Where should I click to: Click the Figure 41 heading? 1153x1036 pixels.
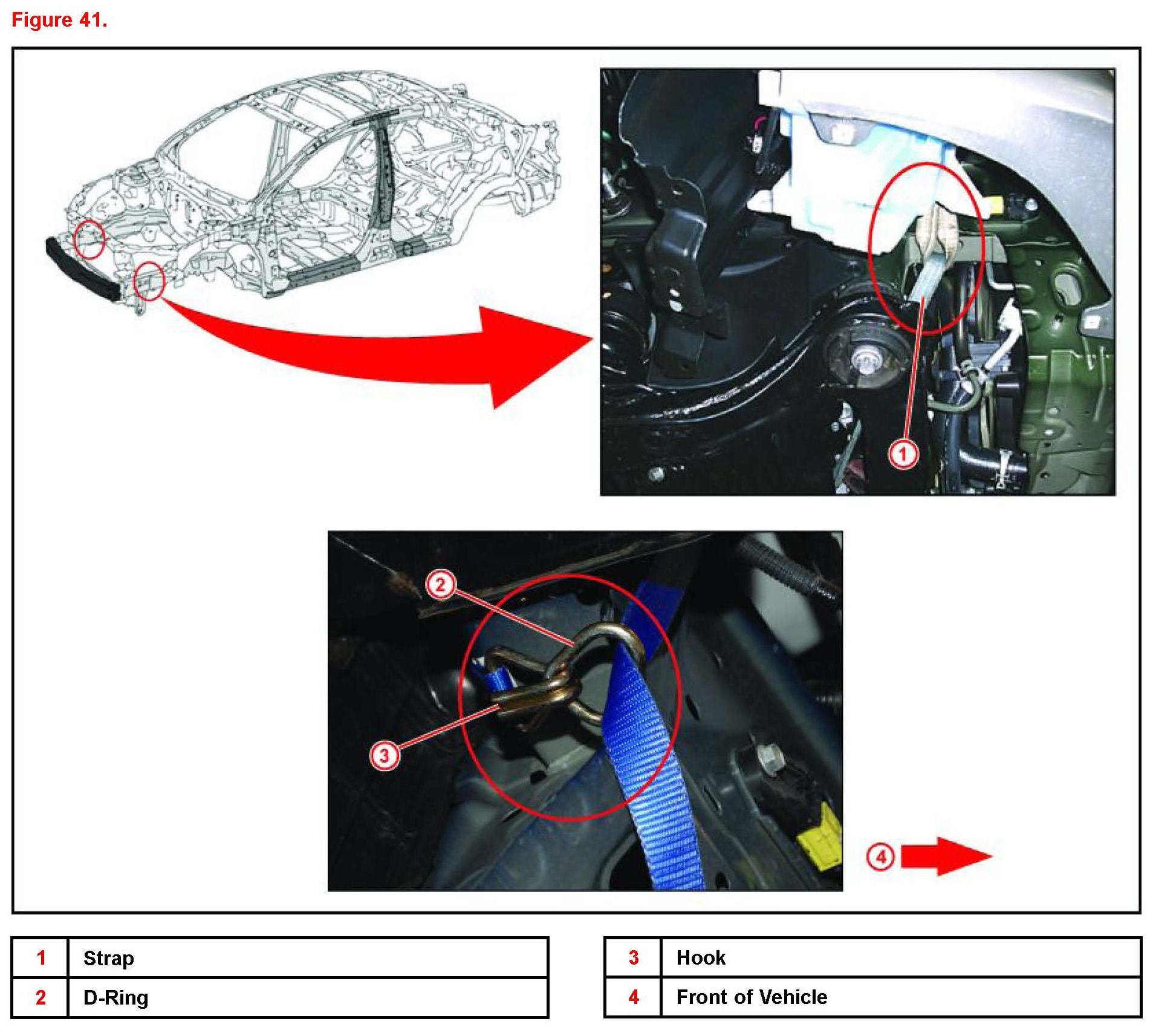[59, 20]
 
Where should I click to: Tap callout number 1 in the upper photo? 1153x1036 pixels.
[903, 453]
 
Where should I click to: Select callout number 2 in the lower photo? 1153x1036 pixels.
[440, 585]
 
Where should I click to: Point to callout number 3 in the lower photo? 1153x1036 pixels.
[384, 755]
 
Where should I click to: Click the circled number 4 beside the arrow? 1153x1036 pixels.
[880, 856]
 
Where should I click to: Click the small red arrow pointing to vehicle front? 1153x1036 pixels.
[944, 856]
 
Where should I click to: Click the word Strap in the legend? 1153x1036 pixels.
[109, 958]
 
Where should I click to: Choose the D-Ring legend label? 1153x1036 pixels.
[115, 997]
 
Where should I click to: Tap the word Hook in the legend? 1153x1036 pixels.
[701, 957]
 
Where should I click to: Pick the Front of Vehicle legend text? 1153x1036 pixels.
[752, 997]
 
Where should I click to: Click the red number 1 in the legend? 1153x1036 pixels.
[41, 957]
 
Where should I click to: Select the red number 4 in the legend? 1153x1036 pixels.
[633, 997]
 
